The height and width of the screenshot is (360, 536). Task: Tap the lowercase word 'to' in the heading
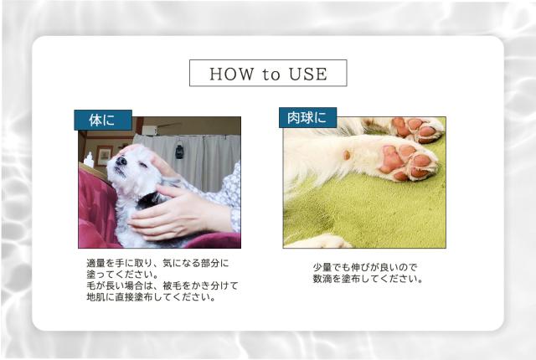[x=271, y=75]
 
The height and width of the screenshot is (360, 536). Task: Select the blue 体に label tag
[x=103, y=120]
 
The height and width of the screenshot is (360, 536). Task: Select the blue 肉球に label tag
[x=307, y=118]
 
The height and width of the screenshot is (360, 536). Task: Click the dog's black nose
[x=121, y=161]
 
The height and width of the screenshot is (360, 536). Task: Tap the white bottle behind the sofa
[x=89, y=159]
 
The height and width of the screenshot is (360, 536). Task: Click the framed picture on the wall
[x=105, y=155]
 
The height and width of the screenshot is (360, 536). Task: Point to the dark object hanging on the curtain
[x=179, y=152]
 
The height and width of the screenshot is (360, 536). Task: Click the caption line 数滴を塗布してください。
[x=368, y=279]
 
